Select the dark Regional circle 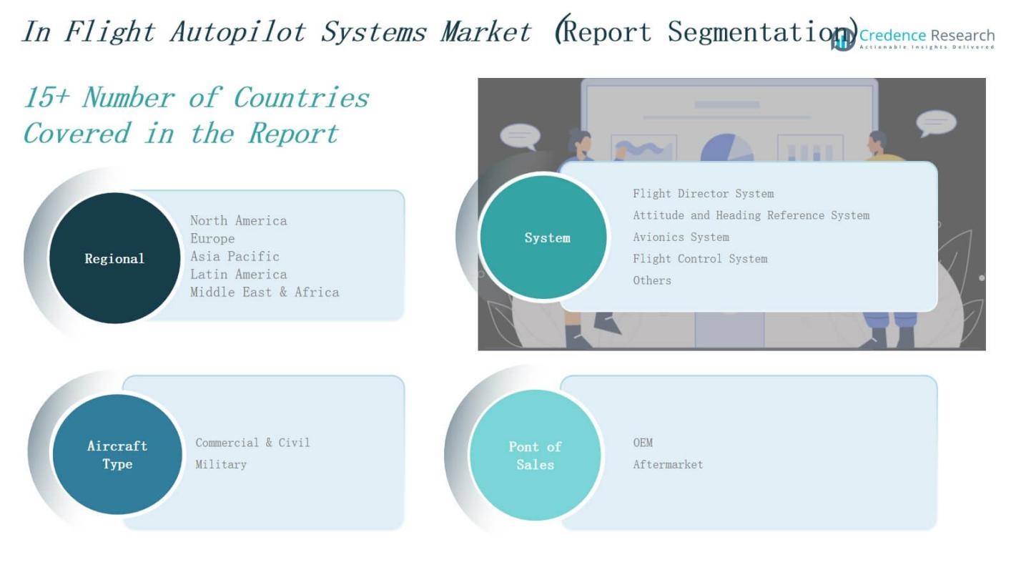point(114,258)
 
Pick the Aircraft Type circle point(117,455)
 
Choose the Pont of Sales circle point(535,456)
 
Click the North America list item point(238,221)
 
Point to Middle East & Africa point(265,292)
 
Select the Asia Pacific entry point(235,256)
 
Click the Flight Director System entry point(703,194)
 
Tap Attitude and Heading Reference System point(751,215)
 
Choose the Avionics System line point(681,237)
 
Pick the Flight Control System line point(700,259)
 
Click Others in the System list point(652,280)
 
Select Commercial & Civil point(252,443)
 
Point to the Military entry point(221,464)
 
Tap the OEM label point(643,443)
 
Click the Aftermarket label point(668,464)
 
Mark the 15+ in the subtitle point(46,97)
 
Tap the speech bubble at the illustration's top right point(936,123)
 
